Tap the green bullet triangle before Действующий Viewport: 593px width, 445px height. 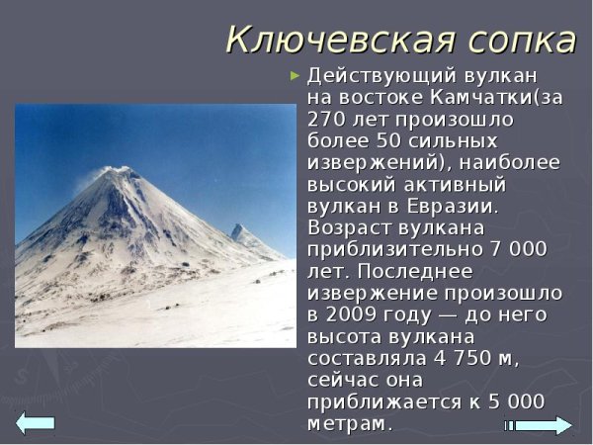point(294,75)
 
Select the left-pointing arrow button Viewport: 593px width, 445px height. point(36,422)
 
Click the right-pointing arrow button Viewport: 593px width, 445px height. point(541,425)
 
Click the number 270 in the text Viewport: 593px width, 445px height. point(325,120)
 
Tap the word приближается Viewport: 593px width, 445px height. point(377,401)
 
